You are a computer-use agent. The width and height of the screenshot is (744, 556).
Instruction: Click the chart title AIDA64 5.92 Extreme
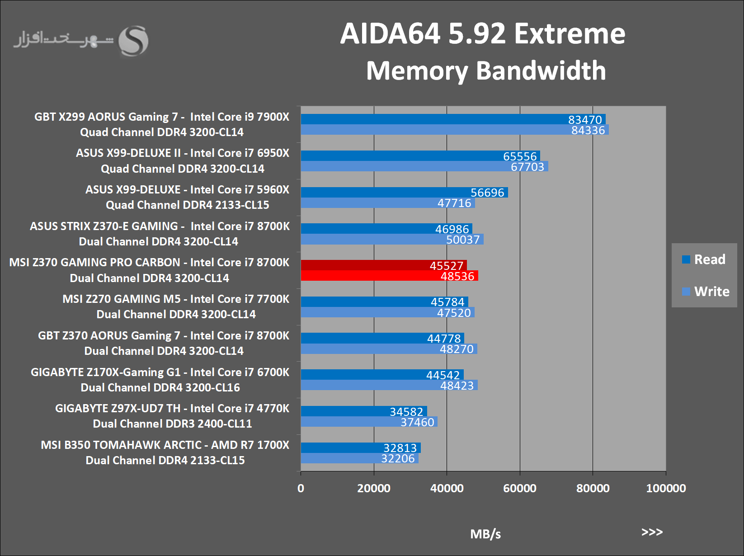tap(482, 34)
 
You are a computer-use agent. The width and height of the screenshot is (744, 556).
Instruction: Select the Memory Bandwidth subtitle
tap(486, 71)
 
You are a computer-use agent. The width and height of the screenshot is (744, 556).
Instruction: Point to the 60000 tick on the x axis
tap(520, 488)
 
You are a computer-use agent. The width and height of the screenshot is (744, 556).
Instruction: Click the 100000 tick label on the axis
tap(666, 488)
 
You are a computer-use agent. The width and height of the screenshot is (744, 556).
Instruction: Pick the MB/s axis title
tap(485, 534)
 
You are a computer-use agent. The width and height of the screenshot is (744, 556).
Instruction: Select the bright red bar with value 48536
tap(389, 276)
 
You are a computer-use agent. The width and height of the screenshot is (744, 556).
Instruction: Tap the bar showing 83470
tap(452, 119)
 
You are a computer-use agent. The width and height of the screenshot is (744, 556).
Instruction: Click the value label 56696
tap(487, 193)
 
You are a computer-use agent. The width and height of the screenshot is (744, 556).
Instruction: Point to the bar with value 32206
tap(359, 458)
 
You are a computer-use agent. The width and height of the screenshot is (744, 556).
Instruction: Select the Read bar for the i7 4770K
tap(363, 411)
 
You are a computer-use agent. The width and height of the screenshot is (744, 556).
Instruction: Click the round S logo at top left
tap(133, 41)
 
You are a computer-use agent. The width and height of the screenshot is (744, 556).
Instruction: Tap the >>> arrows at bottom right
tap(652, 532)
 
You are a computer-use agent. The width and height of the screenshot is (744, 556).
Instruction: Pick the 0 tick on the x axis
tap(301, 488)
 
